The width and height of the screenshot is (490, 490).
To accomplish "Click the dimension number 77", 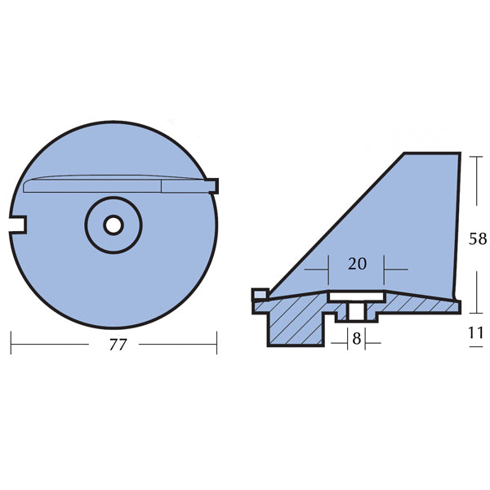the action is [x=118, y=345].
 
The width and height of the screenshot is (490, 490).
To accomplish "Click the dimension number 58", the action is [x=478, y=239].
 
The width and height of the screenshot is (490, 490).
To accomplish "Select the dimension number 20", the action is [x=357, y=264].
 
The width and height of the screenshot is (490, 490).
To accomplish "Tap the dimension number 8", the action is [x=357, y=339].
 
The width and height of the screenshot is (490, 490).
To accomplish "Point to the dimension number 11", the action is [x=476, y=333].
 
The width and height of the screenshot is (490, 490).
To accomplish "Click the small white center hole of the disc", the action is [x=114, y=225].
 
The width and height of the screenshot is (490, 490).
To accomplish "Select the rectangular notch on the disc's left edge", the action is [x=17, y=225].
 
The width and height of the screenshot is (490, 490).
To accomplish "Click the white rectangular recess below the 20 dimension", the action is [x=357, y=296].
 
